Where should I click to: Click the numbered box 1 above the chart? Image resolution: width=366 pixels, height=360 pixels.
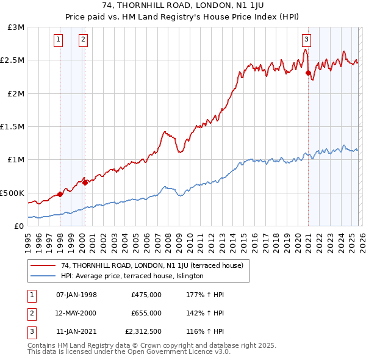coord(59,40)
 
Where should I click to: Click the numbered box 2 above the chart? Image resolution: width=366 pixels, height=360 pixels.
coord(82,40)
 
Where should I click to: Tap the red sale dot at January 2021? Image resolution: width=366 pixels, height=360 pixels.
coord(308,73)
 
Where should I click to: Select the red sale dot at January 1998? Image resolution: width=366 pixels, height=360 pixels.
coord(60,195)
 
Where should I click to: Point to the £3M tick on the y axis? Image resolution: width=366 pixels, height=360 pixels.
coord(16,27)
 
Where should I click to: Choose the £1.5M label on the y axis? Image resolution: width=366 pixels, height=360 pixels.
coord(13,127)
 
